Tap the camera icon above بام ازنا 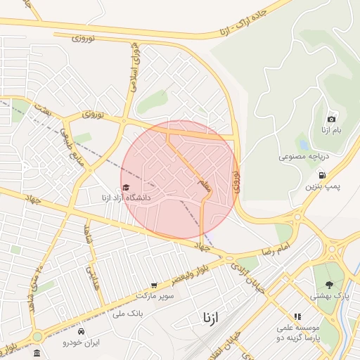pyautogui.click(x=331, y=119)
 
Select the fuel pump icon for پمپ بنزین pyautogui.click(x=322, y=175)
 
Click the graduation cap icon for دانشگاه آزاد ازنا pyautogui.click(x=126, y=188)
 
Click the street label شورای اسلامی pyautogui.click(x=134, y=67)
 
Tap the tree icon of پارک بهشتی pyautogui.click(x=329, y=285)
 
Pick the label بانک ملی pyautogui.click(x=127, y=313)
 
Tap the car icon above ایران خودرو pyautogui.click(x=82, y=330)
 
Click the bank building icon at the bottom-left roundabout pyautogui.click(x=37, y=352)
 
